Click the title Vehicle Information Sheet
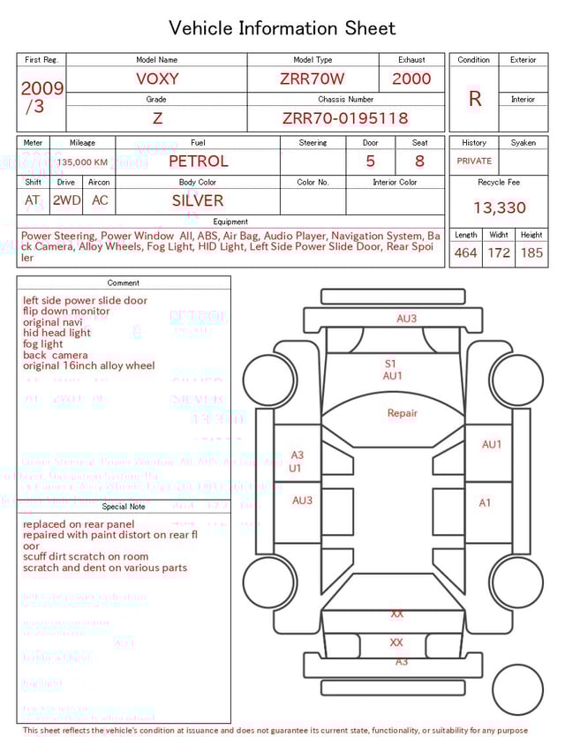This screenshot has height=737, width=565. point(282,28)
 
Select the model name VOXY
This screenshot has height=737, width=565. point(157,79)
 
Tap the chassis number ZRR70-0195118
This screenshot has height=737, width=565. point(345,118)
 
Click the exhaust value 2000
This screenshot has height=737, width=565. point(411,79)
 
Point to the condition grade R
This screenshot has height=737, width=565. point(474,99)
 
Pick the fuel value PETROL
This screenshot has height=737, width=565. point(198,162)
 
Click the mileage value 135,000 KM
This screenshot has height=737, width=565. point(82,162)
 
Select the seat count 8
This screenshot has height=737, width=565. point(419,162)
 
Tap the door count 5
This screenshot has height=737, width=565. point(370,162)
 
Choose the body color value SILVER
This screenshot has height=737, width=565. point(198,200)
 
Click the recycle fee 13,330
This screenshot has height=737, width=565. point(499,208)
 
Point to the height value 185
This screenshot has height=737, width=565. point(531,252)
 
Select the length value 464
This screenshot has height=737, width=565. point(465,252)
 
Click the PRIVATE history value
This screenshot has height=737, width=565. point(474,162)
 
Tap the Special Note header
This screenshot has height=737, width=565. point(124,507)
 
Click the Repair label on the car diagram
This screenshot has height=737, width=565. point(403,413)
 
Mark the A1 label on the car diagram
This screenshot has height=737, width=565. point(485,503)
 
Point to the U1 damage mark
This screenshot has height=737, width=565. point(295,468)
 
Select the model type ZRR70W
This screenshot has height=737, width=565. point(313,79)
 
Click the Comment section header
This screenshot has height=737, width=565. point(124,283)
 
